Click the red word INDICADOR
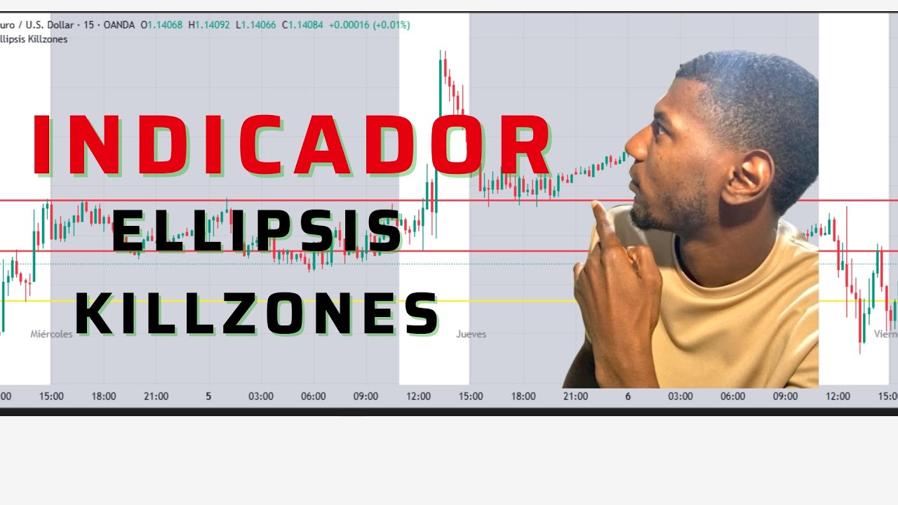tap(291, 145)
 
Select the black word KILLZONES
tap(256, 314)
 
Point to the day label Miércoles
tap(51, 335)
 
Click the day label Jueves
tap(471, 335)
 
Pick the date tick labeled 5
tap(208, 396)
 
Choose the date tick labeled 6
tap(628, 396)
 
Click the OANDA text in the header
tap(119, 25)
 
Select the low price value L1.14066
tap(255, 25)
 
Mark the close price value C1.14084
tap(302, 25)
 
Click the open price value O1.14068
tap(161, 25)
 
